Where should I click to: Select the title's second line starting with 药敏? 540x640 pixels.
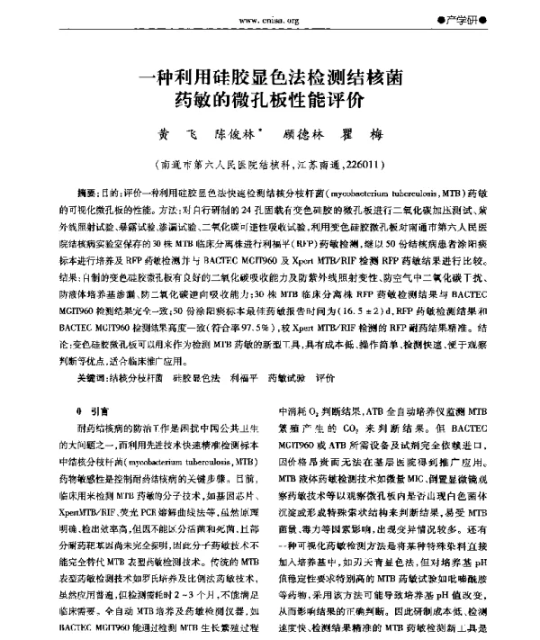click(x=269, y=102)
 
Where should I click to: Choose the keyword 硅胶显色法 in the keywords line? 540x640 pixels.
click(x=197, y=379)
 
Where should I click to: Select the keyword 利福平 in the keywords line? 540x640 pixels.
click(x=246, y=379)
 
